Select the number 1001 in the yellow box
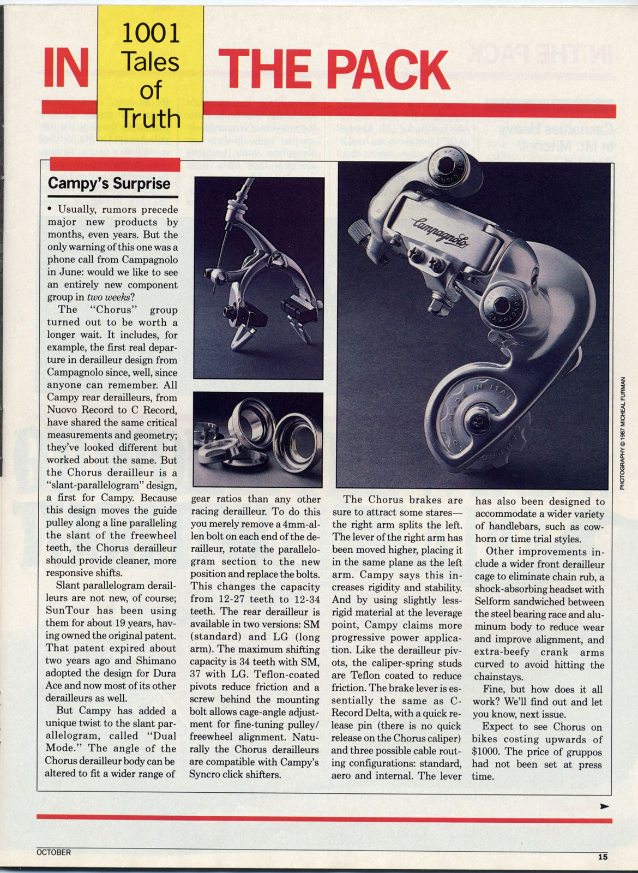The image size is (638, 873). (x=150, y=33)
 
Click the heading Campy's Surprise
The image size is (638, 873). (x=109, y=183)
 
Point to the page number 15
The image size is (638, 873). (x=602, y=857)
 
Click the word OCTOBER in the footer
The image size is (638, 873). (x=53, y=852)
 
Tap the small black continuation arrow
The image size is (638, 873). (x=604, y=806)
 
